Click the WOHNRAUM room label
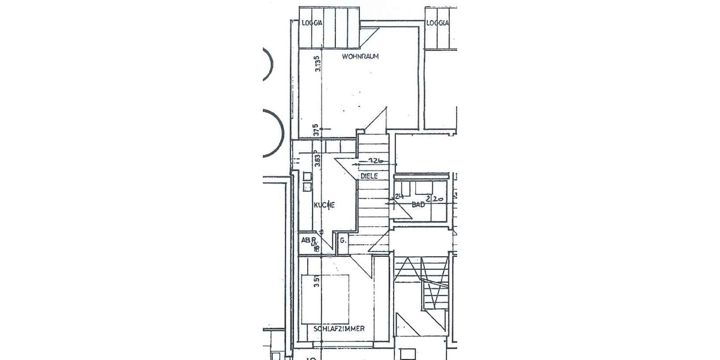tap(361, 56)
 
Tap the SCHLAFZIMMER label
tap(339, 328)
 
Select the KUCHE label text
tap(324, 205)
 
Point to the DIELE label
tap(370, 176)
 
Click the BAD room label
tap(418, 205)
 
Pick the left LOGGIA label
tap(312, 23)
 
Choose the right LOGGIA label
tap(437, 23)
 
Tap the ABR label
tap(308, 240)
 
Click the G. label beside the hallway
tap(343, 241)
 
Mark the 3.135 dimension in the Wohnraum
tap(317, 63)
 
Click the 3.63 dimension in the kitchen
tap(317, 161)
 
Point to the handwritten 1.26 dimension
tap(376, 161)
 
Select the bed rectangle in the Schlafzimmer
tap(325, 299)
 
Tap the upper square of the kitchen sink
tap(307, 176)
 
